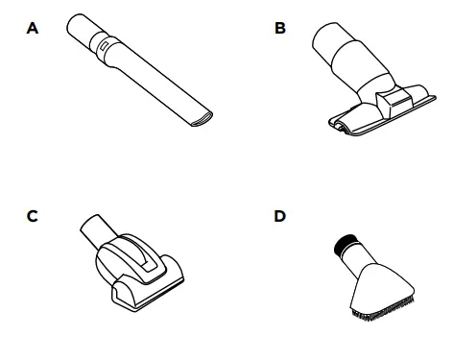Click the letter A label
tap(33, 28)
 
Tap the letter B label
tap(280, 28)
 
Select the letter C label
tap(33, 216)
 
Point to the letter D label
tap(280, 216)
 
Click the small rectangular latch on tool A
tap(104, 45)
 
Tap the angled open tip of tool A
tap(202, 119)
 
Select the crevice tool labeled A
tap(140, 70)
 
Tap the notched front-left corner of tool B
tap(339, 125)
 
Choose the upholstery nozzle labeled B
tap(374, 80)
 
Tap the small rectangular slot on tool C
tap(147, 266)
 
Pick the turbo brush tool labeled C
tap(131, 263)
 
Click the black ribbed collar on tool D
tap(344, 243)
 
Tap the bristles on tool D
tap(382, 310)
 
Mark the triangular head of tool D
tap(382, 290)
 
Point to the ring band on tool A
tap(104, 46)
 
